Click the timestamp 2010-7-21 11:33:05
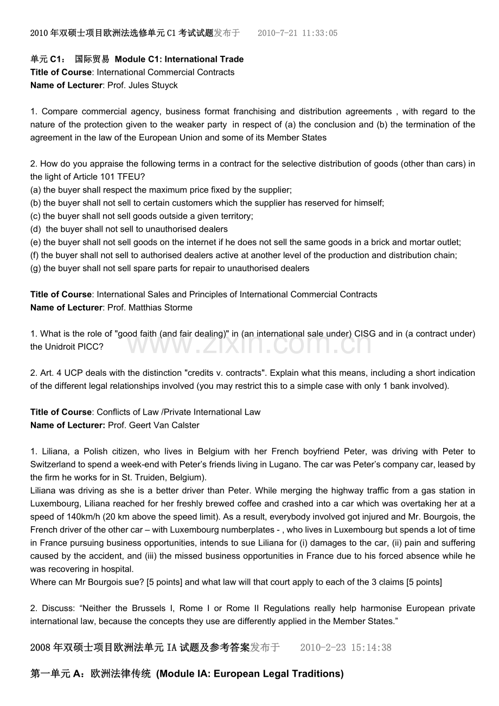297,33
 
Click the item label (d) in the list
36,229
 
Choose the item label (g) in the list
36,268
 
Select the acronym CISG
364,333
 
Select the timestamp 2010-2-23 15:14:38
345,647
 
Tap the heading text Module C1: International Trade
179,59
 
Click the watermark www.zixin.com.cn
249,341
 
